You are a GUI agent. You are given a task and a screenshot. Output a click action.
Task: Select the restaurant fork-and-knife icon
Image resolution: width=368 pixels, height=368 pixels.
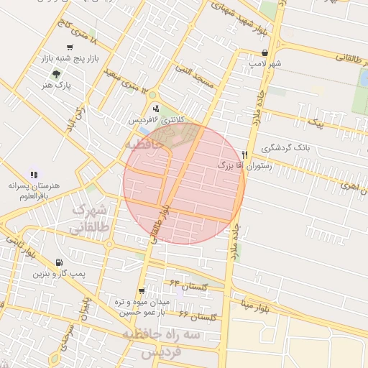click(244, 155)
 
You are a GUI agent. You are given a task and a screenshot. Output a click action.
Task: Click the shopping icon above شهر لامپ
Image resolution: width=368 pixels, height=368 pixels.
click(265, 53)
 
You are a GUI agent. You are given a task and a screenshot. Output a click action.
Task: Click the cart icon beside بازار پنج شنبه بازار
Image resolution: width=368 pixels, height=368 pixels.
click(69, 47)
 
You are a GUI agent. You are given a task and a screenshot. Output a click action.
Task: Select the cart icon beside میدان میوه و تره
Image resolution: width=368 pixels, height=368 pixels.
click(142, 291)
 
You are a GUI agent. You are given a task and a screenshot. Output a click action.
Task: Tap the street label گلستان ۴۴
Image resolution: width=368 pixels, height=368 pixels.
click(188, 286)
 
